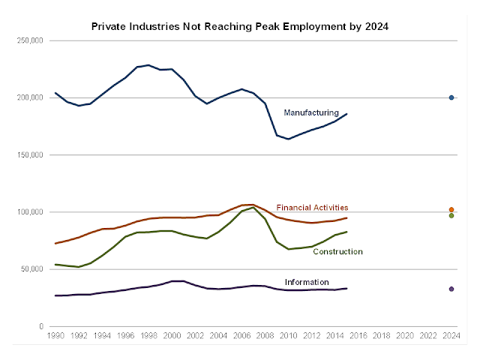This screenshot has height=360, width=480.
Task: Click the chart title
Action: tap(240, 25)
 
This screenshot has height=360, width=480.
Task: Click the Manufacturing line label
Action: tap(311, 112)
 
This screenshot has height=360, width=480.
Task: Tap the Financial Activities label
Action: tap(312, 208)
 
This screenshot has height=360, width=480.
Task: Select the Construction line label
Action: tap(337, 252)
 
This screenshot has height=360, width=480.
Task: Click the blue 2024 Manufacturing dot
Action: tap(451, 97)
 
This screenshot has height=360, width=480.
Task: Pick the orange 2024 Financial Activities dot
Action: tap(451, 210)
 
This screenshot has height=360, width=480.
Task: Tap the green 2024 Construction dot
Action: tap(451, 216)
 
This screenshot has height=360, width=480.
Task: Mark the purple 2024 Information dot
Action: tap(451, 289)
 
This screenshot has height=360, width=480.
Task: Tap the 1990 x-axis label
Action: tap(55, 337)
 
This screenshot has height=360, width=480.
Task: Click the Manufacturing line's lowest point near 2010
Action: tap(289, 139)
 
